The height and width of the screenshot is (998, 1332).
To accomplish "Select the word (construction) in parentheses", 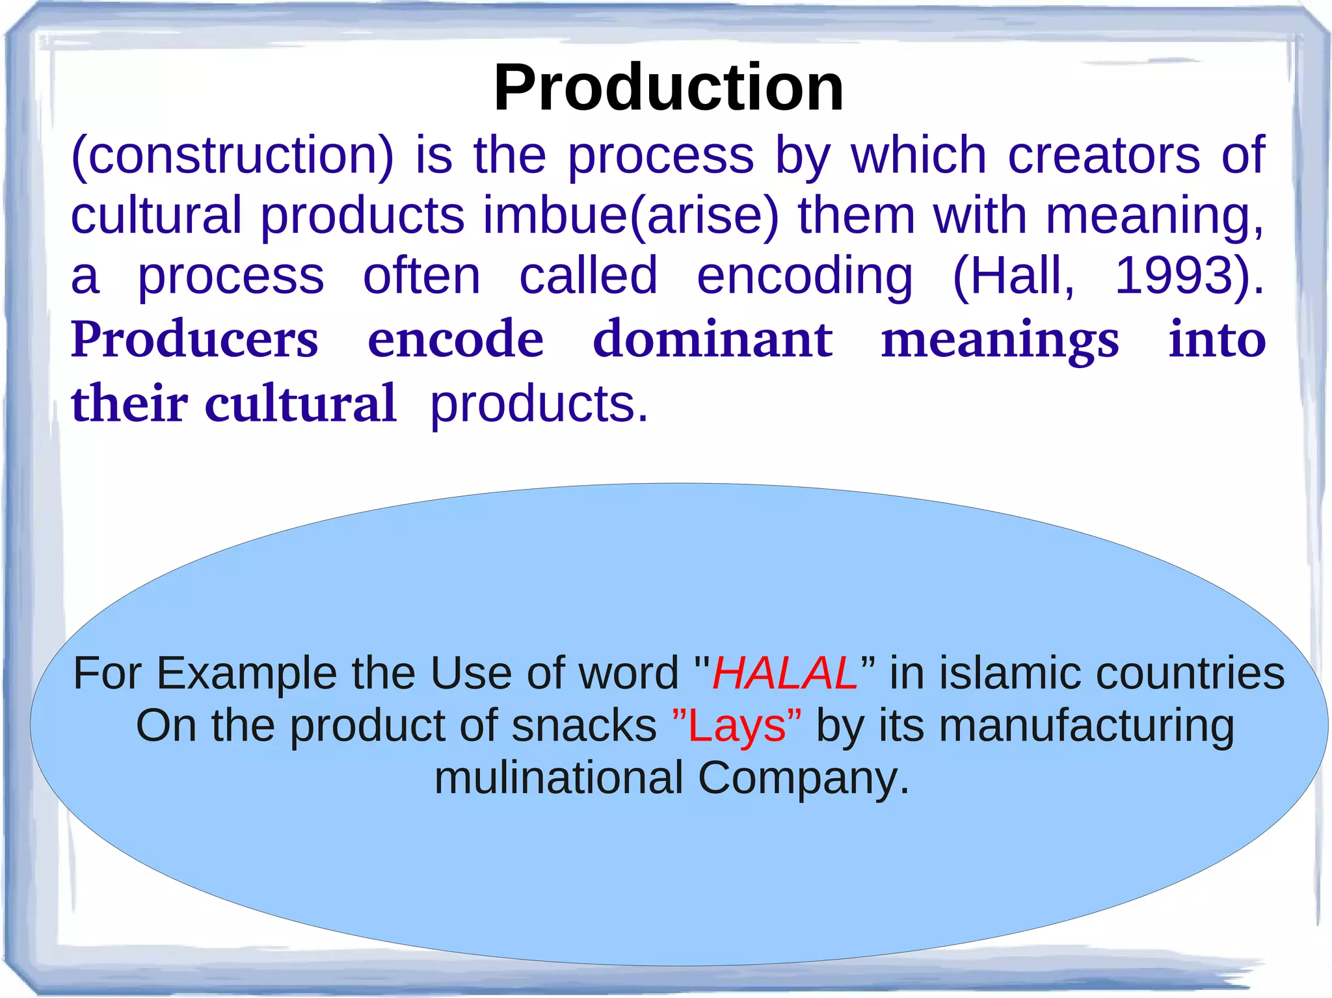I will pyautogui.click(x=232, y=156).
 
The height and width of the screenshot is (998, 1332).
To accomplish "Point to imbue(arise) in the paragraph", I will pyautogui.click(x=630, y=216).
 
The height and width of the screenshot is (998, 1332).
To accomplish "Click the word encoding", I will pyautogui.click(x=805, y=276).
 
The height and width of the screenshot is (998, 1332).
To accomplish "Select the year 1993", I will pyautogui.click(x=1182, y=276).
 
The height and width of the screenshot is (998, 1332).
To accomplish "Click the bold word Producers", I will pyautogui.click(x=194, y=339).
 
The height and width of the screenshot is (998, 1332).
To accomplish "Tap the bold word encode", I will pyautogui.click(x=455, y=339).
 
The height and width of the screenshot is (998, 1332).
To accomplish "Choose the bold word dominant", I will pyautogui.click(x=712, y=339).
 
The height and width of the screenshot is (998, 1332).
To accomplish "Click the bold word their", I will pyautogui.click(x=129, y=403).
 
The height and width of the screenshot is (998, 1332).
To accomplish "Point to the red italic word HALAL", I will pyautogui.click(x=784, y=673).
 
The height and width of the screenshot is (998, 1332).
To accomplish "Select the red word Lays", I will pyautogui.click(x=736, y=726).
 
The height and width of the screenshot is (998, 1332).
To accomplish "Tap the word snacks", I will pyautogui.click(x=583, y=726).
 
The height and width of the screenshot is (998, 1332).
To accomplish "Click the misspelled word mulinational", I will pyautogui.click(x=558, y=778).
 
